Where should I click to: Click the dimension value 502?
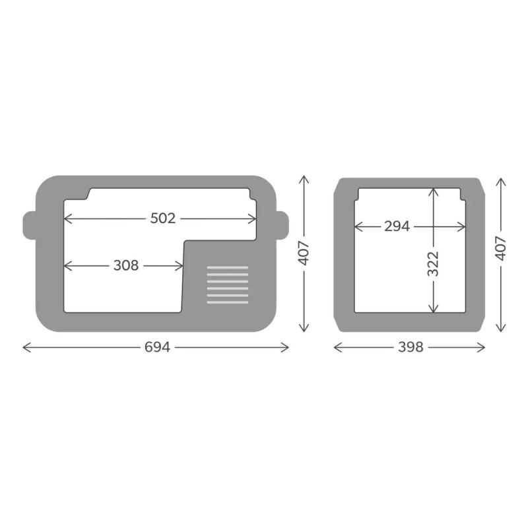click(162, 218)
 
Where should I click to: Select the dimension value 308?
click(126, 266)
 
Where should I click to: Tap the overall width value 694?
click(157, 347)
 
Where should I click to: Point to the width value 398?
click(411, 347)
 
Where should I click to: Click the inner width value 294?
click(397, 226)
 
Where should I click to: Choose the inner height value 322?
click(434, 263)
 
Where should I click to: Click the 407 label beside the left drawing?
click(304, 253)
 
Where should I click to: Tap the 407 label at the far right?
click(501, 249)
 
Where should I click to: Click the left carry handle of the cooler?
click(29, 226)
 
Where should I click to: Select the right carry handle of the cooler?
click(282, 226)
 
